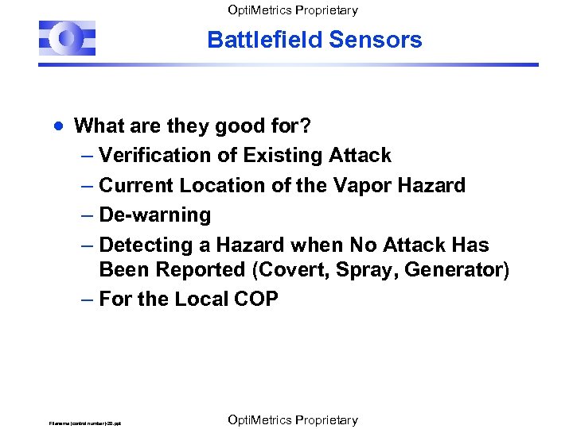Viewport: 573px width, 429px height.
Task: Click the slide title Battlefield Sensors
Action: [x=314, y=40]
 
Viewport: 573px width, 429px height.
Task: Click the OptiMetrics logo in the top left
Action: [x=67, y=38]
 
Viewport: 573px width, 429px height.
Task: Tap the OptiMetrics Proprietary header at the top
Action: [x=292, y=10]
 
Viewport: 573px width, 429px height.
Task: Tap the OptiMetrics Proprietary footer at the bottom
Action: [x=292, y=419]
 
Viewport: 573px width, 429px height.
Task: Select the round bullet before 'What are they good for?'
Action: [x=58, y=126]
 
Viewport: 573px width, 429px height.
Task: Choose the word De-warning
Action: [x=155, y=215]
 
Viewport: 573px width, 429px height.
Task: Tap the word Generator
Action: [x=453, y=270]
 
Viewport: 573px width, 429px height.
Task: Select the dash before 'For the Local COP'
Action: [x=87, y=300]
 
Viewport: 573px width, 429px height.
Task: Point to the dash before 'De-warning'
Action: [x=87, y=215]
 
